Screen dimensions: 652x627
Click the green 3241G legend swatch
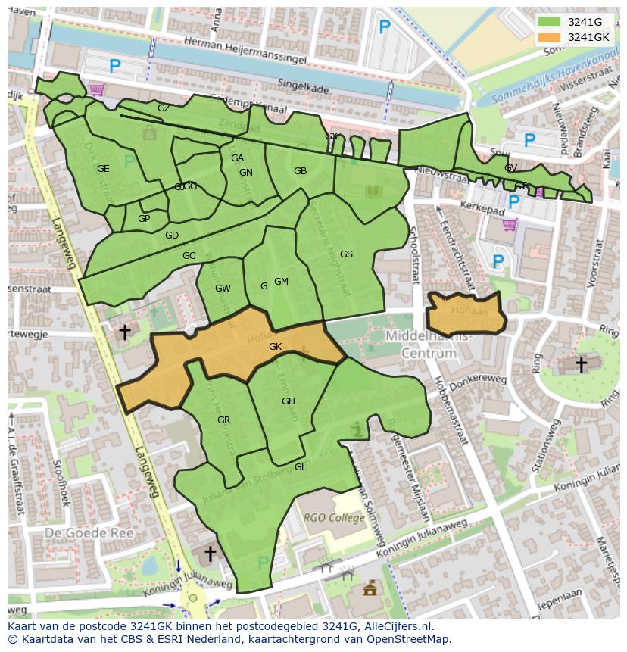(x=550, y=22)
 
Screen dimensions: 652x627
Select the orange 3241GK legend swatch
(x=550, y=37)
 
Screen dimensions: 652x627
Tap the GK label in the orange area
(x=275, y=347)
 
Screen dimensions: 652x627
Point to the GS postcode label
(x=346, y=254)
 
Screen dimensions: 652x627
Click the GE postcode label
(x=103, y=169)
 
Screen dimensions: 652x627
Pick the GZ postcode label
(x=164, y=108)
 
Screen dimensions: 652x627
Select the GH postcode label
(x=288, y=401)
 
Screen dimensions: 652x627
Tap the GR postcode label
(x=223, y=420)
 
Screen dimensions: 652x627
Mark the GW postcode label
(x=223, y=289)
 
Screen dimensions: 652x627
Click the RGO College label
(x=335, y=518)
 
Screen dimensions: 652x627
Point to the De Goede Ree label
(x=89, y=533)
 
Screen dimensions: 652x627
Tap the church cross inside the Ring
(x=581, y=365)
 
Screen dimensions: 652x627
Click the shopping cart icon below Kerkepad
(x=510, y=224)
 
